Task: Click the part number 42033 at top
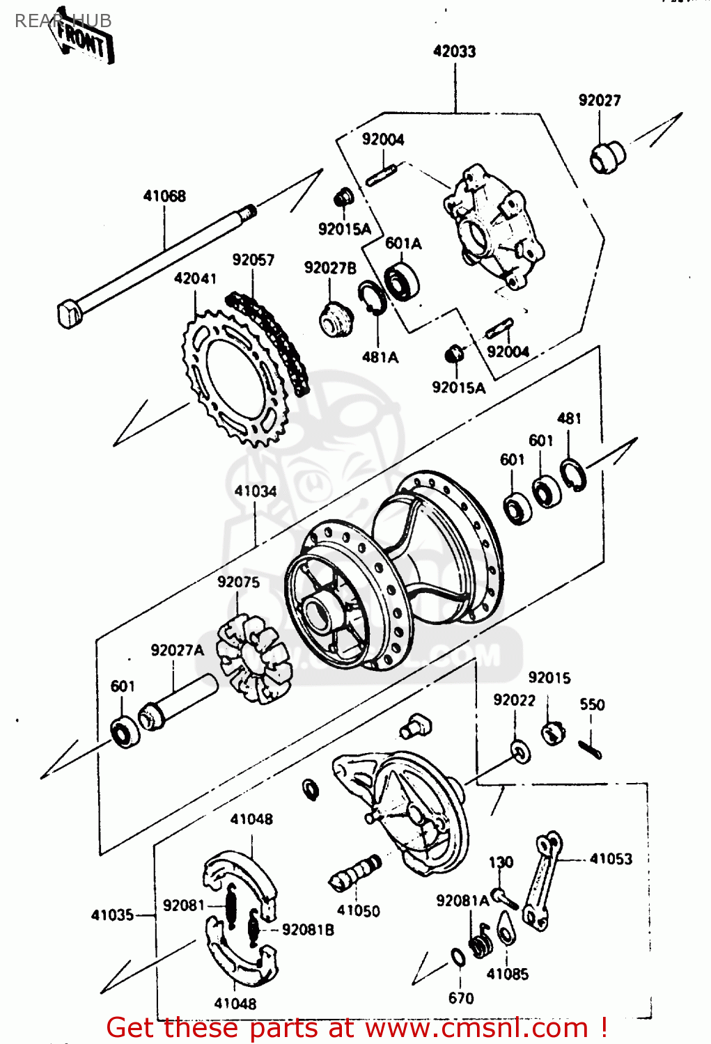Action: click(x=454, y=52)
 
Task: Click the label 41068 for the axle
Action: click(x=164, y=196)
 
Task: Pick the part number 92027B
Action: click(x=330, y=268)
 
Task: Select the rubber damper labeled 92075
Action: click(x=252, y=658)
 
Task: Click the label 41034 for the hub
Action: click(x=255, y=491)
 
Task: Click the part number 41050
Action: click(x=358, y=911)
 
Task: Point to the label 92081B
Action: click(x=308, y=930)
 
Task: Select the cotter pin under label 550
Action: click(x=590, y=749)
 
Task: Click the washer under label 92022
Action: click(x=519, y=751)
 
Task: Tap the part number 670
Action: click(x=461, y=998)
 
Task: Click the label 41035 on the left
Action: click(x=112, y=915)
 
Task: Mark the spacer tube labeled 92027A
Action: click(x=178, y=703)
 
